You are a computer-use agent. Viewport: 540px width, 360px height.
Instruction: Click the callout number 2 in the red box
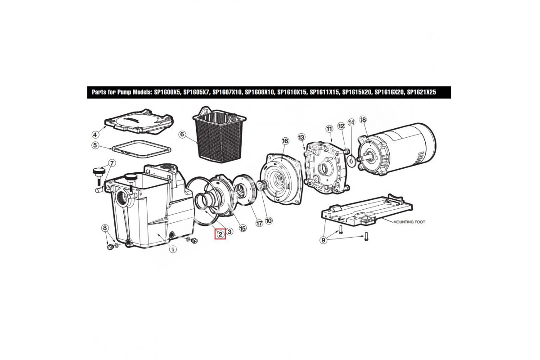tap(220, 234)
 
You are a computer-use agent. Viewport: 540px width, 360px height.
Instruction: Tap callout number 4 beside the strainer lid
tap(95, 135)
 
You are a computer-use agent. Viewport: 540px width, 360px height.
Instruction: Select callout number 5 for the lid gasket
tap(95, 145)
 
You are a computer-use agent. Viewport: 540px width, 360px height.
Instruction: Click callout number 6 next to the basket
tap(182, 134)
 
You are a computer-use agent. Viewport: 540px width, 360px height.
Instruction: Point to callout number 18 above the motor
tap(363, 119)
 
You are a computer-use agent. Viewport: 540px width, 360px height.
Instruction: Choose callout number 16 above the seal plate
tap(285, 141)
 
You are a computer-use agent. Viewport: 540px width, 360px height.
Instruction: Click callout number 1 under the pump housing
tap(173, 249)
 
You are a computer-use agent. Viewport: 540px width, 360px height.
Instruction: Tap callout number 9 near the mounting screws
tap(324, 240)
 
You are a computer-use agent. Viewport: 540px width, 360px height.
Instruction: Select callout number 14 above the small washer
tap(351, 122)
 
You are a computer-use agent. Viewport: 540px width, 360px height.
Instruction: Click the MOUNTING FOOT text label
tap(409, 222)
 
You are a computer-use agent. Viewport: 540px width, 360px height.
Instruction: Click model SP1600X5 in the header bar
tap(167, 92)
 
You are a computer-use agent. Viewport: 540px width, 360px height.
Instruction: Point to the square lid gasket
tap(142, 142)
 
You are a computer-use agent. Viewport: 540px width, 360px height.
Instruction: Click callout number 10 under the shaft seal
tap(268, 220)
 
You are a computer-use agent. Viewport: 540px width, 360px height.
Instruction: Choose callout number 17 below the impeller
tap(259, 223)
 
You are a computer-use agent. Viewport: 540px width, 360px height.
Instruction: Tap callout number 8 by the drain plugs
tap(104, 228)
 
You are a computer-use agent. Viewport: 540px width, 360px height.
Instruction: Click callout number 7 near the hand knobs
tap(112, 163)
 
